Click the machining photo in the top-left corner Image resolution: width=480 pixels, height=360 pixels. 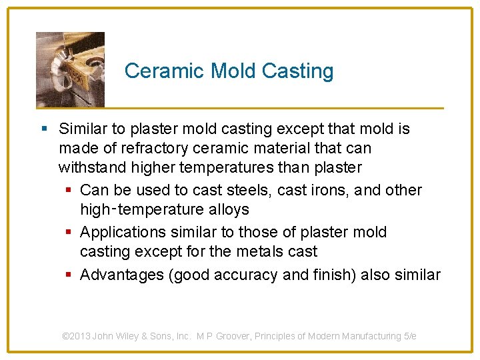tap(70, 69)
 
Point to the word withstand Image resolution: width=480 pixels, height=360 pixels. tap(88, 167)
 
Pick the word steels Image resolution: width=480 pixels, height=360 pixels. tap(245, 190)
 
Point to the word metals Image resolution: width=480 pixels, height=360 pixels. tap(260, 251)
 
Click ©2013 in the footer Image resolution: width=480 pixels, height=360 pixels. tap(76, 336)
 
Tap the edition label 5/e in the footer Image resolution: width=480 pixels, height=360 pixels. tap(410, 336)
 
